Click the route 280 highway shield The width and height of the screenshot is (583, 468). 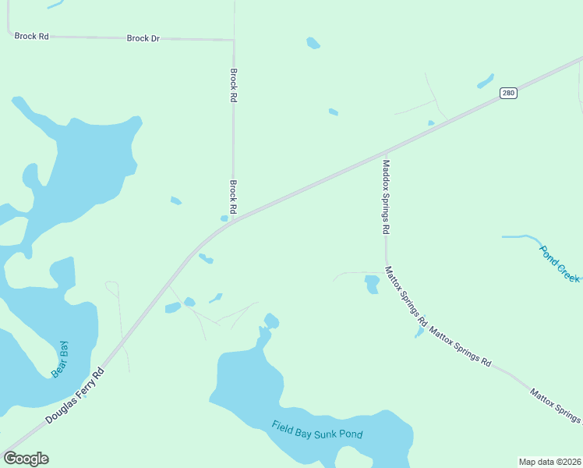click(x=508, y=93)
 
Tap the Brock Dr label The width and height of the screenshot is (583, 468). click(x=143, y=38)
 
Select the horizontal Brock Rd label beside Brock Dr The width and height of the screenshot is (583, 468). click(x=31, y=37)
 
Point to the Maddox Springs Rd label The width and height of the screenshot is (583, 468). click(x=385, y=197)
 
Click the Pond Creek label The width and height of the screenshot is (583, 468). click(x=560, y=263)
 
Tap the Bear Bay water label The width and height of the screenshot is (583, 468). click(x=60, y=360)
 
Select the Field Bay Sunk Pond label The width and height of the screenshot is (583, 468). click(x=317, y=430)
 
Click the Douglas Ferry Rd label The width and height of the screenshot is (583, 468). click(x=75, y=395)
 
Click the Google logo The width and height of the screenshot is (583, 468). click(x=26, y=459)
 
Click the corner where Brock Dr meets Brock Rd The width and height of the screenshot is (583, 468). click(x=233, y=40)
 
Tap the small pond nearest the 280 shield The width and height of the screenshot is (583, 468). click(x=485, y=81)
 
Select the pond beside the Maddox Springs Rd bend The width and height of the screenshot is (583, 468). click(x=372, y=284)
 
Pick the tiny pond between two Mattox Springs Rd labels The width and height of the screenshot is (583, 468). click(x=419, y=333)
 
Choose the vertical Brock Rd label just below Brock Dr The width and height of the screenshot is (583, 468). click(x=233, y=86)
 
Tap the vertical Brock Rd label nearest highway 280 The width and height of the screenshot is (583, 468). click(x=233, y=198)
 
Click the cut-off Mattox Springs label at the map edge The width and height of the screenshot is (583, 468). click(x=556, y=405)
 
